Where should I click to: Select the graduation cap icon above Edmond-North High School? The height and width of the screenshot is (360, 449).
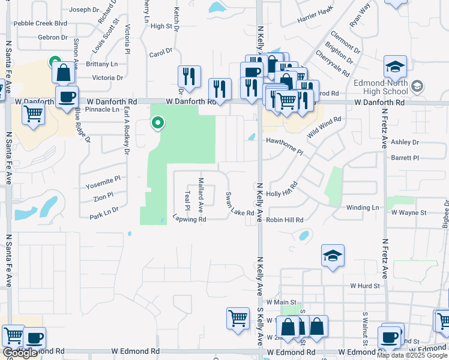[x=395, y=67]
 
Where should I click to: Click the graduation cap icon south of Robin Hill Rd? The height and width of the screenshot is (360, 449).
[x=333, y=256]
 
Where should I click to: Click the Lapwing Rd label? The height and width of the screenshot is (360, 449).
[x=189, y=219]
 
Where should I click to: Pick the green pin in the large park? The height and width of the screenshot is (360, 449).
[x=158, y=123]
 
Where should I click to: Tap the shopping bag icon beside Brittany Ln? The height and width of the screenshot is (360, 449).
[x=63, y=73]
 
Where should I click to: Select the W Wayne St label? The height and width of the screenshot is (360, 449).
[x=408, y=212]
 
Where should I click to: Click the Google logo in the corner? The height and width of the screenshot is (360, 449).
[x=20, y=353]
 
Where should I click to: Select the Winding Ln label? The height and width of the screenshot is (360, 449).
[x=363, y=208]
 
